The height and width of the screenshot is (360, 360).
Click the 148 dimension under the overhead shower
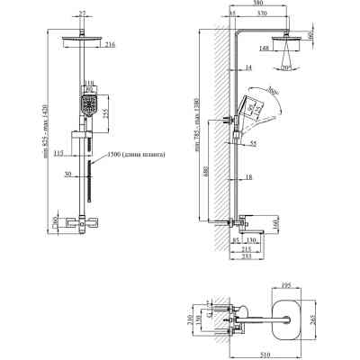pos(264,48)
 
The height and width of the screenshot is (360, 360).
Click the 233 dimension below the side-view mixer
pos(245,255)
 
